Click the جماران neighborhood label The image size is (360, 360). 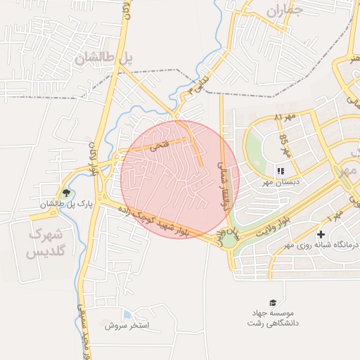pos(285,10)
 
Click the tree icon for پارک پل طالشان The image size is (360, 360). pos(67,193)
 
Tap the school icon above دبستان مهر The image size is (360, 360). pos(281,171)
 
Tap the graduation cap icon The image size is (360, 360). pos(272,302)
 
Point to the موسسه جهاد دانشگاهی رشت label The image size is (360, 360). pos(273,318)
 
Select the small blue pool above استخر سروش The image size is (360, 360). pos(127,314)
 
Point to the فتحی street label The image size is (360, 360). pos(158,146)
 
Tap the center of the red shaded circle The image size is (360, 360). pos(180,179)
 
